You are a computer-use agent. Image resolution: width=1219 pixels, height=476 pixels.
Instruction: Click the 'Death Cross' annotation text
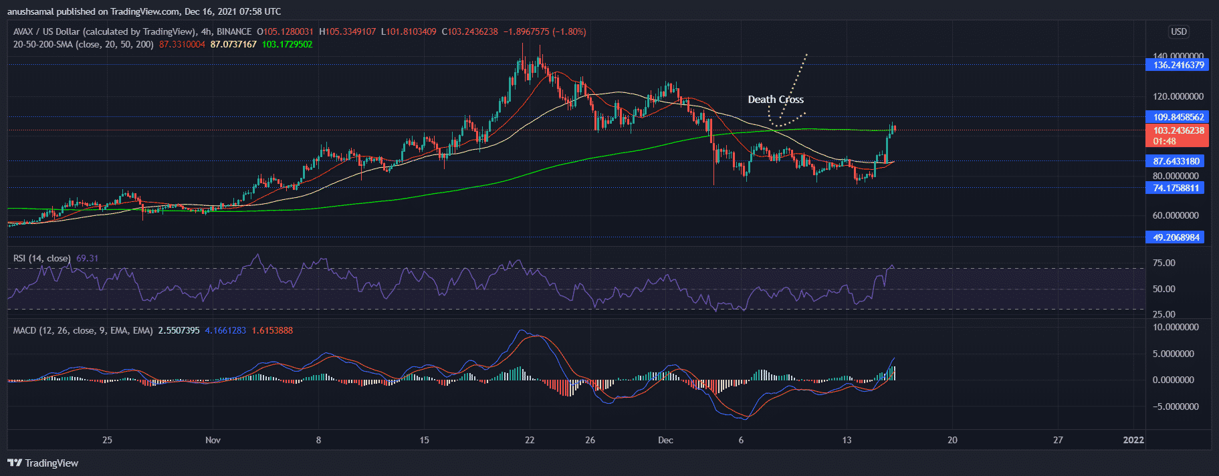tap(776, 100)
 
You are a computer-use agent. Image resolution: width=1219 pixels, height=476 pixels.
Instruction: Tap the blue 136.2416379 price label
tap(1178, 65)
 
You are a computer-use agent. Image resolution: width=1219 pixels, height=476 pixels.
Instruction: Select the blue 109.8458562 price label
tap(1178, 117)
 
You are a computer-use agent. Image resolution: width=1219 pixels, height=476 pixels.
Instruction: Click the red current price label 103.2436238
tap(1178, 130)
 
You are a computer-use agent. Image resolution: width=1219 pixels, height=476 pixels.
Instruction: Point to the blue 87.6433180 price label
tap(1176, 161)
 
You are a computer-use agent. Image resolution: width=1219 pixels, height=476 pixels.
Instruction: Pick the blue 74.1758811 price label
tap(1176, 188)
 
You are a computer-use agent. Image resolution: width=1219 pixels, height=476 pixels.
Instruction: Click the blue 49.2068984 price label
tap(1176, 237)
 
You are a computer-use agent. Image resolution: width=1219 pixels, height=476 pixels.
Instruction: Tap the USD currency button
tap(1178, 31)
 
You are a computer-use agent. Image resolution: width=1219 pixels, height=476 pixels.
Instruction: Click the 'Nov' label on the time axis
tap(213, 440)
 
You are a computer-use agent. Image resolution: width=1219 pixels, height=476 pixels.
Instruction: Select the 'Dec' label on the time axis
tap(665, 440)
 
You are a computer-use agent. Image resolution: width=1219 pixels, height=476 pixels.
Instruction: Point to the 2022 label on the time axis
tap(1133, 440)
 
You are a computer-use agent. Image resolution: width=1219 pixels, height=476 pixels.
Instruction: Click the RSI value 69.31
tap(87, 258)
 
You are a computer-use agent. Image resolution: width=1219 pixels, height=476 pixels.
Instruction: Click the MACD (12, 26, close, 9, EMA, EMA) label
tap(83, 330)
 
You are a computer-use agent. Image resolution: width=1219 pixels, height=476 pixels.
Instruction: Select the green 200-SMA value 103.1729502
tap(287, 44)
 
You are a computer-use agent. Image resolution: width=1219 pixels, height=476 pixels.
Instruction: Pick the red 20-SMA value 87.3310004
tap(182, 44)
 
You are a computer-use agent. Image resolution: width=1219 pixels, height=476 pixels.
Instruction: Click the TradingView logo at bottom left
tap(43, 463)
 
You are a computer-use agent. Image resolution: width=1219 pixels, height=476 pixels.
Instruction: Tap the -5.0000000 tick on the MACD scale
tap(1175, 406)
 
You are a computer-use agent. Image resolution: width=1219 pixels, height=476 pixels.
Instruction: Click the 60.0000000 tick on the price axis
tap(1176, 215)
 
